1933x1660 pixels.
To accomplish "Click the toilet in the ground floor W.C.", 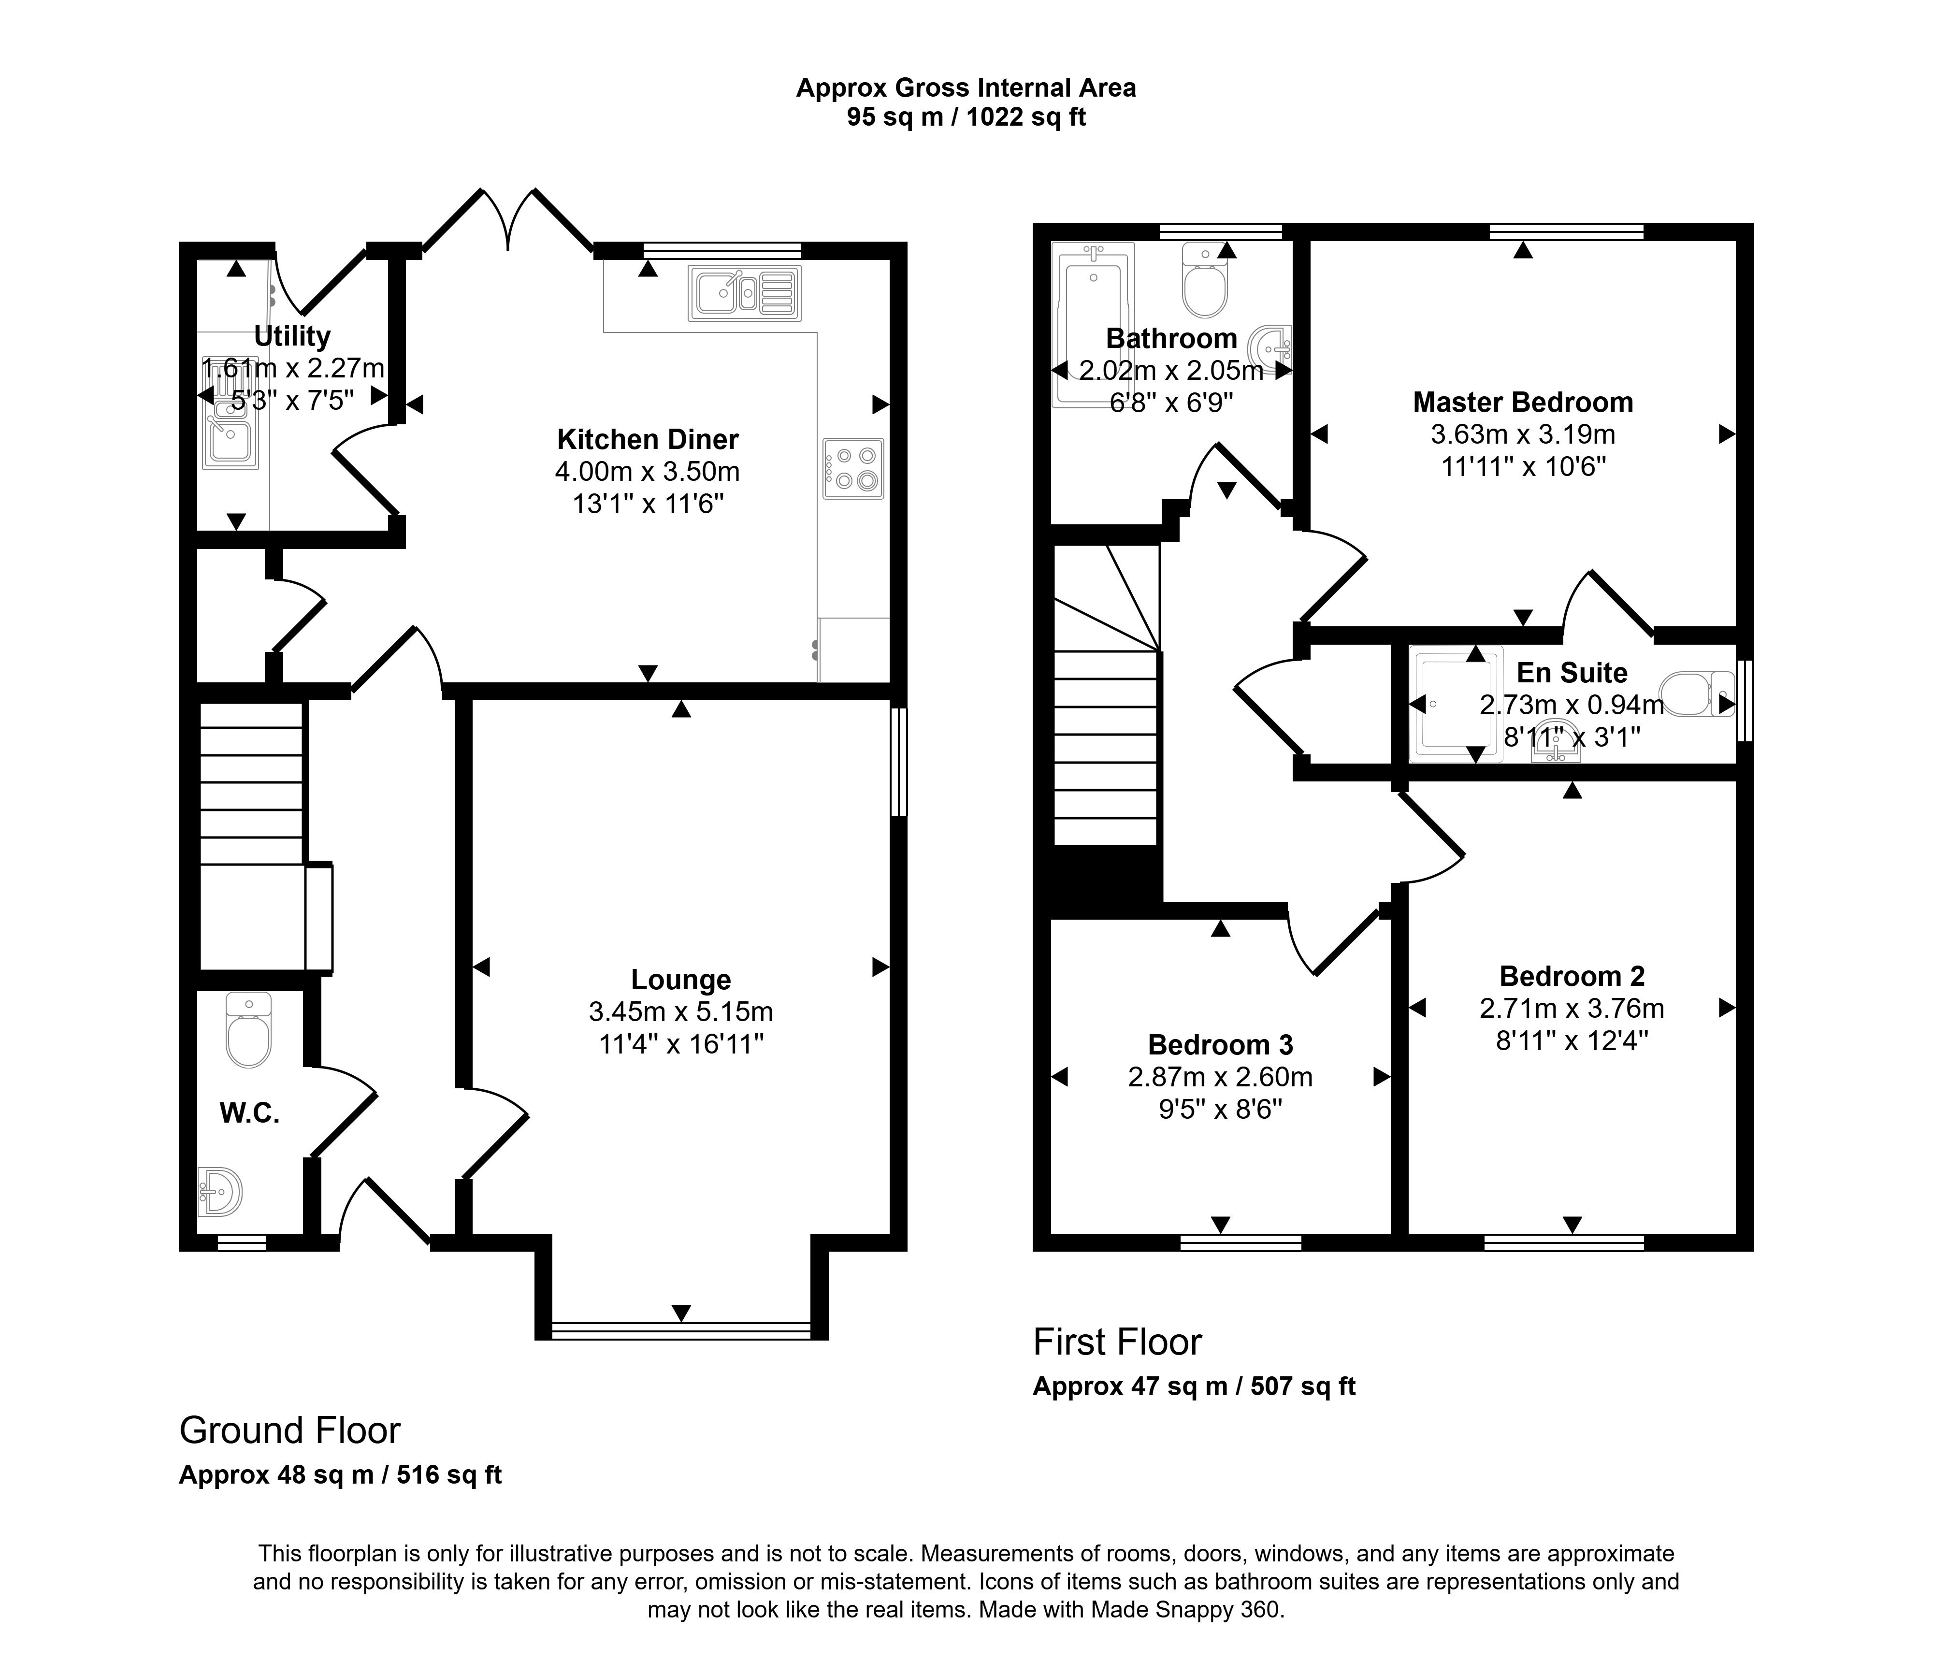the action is pos(249,1030).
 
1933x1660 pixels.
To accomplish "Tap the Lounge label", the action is pos(681,980).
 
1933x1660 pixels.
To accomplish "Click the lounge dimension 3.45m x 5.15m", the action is pos(681,1011).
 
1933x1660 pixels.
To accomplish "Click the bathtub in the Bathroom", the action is pos(1094,325).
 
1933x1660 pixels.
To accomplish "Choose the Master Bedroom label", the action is pos(1524,402).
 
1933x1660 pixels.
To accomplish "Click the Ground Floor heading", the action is pos(290,1430).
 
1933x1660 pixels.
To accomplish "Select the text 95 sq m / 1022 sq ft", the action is pos(966,117).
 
